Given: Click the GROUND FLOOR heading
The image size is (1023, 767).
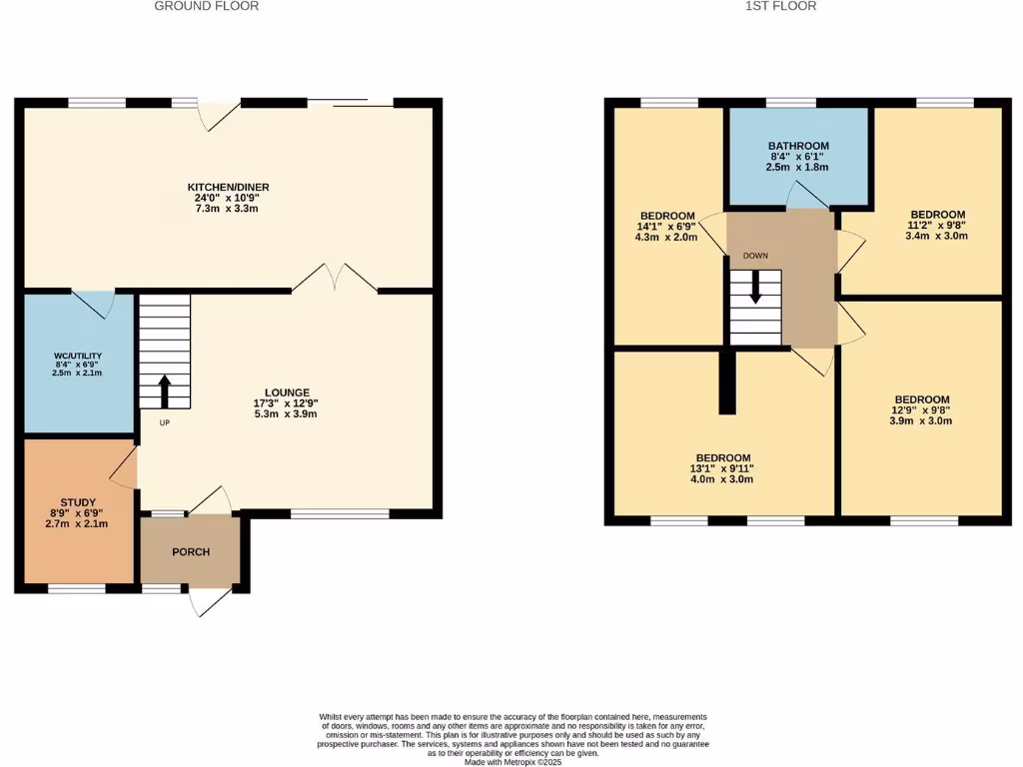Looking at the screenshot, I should (207, 6).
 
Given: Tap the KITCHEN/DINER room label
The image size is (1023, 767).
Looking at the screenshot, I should (229, 187).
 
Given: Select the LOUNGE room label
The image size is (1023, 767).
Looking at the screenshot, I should (287, 392).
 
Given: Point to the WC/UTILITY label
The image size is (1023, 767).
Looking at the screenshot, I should (78, 357).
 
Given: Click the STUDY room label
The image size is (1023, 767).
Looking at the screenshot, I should (77, 502).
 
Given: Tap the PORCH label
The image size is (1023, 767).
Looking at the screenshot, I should (191, 552).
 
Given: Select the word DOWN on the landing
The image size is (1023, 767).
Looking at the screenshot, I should (755, 256).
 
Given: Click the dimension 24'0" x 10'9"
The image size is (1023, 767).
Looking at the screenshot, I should (229, 199).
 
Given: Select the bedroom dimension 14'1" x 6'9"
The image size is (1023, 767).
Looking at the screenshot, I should (667, 228).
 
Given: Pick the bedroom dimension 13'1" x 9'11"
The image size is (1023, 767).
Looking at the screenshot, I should (723, 468).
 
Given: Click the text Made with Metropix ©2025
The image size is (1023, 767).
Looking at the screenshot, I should (512, 761).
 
